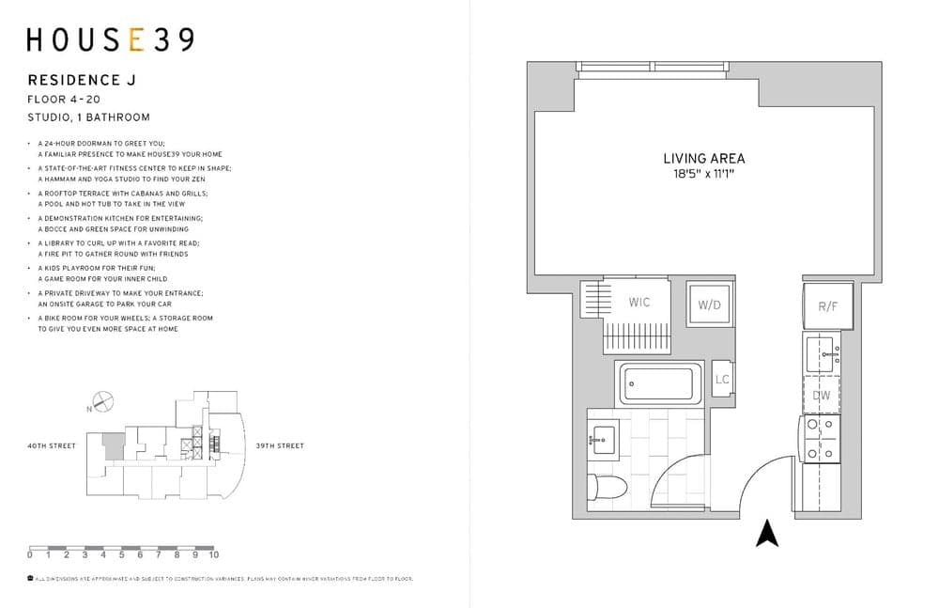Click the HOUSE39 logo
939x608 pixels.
(110, 39)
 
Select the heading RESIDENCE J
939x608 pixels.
(81, 81)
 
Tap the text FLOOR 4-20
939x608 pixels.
(64, 99)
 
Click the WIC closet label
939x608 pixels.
(639, 303)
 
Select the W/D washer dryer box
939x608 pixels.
(709, 304)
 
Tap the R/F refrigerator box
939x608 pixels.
(827, 305)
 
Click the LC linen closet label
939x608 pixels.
(722, 380)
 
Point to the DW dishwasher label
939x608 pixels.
(822, 396)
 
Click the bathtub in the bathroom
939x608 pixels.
(659, 382)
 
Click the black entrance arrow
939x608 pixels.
(768, 533)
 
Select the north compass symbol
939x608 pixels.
(102, 402)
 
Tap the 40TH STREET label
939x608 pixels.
(52, 445)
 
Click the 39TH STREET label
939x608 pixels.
(280, 445)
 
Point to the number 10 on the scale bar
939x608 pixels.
(214, 555)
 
